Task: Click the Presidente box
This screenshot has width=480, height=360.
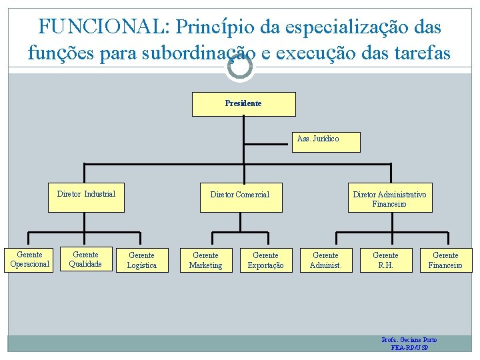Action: (243, 104)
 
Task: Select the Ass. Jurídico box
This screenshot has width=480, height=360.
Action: (326, 141)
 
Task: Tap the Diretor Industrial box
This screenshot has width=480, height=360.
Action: (86, 197)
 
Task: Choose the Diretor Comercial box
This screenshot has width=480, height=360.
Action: (240, 197)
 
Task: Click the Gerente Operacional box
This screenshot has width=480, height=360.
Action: (29, 259)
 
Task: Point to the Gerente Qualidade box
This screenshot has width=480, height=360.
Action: (85, 259)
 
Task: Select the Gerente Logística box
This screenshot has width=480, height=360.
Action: (141, 260)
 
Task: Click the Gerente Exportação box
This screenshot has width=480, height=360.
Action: (265, 260)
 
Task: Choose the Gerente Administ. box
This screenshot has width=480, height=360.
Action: (325, 260)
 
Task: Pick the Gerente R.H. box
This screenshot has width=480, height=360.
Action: (385, 260)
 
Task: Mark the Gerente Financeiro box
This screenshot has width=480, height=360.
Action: (445, 260)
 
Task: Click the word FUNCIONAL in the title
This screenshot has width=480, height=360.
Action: (103, 27)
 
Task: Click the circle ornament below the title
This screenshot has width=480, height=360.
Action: (239, 67)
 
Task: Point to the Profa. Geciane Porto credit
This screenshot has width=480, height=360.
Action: (409, 340)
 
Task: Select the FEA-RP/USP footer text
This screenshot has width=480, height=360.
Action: (409, 348)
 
